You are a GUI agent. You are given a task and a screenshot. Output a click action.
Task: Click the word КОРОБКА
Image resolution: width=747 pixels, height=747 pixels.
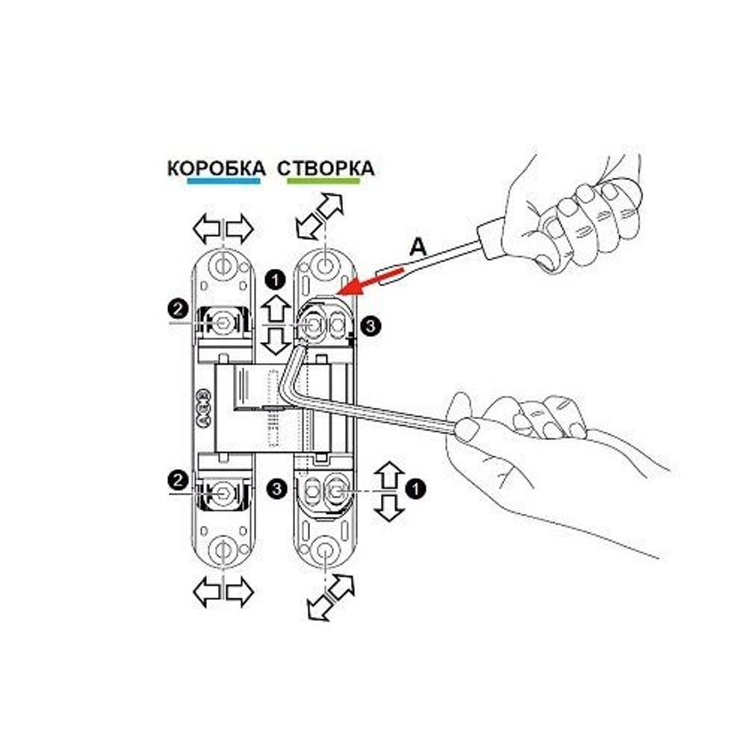point(216,167)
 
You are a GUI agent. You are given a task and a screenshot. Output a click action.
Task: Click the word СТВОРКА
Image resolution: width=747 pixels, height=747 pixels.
point(326,167)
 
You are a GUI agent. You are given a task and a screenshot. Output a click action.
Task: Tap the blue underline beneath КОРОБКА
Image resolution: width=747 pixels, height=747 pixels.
point(223,181)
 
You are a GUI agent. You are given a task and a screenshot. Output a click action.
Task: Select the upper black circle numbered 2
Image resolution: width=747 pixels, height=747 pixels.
point(177,307)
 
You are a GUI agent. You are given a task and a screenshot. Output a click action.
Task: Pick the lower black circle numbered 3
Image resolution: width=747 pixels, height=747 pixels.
point(278,489)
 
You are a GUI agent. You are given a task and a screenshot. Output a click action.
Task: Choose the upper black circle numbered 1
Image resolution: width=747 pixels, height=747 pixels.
point(276,281)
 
